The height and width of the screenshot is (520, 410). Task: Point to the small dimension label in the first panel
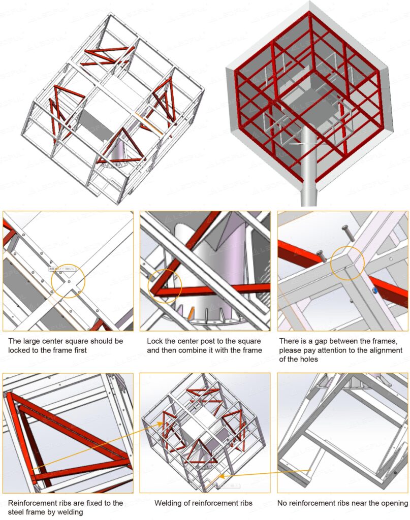(x=60, y=269)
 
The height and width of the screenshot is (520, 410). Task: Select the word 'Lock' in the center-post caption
(x=155, y=341)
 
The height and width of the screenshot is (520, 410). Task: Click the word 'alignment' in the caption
(x=385, y=350)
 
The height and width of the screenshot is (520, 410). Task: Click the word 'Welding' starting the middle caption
(x=168, y=503)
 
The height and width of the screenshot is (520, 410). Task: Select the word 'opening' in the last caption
(x=394, y=503)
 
